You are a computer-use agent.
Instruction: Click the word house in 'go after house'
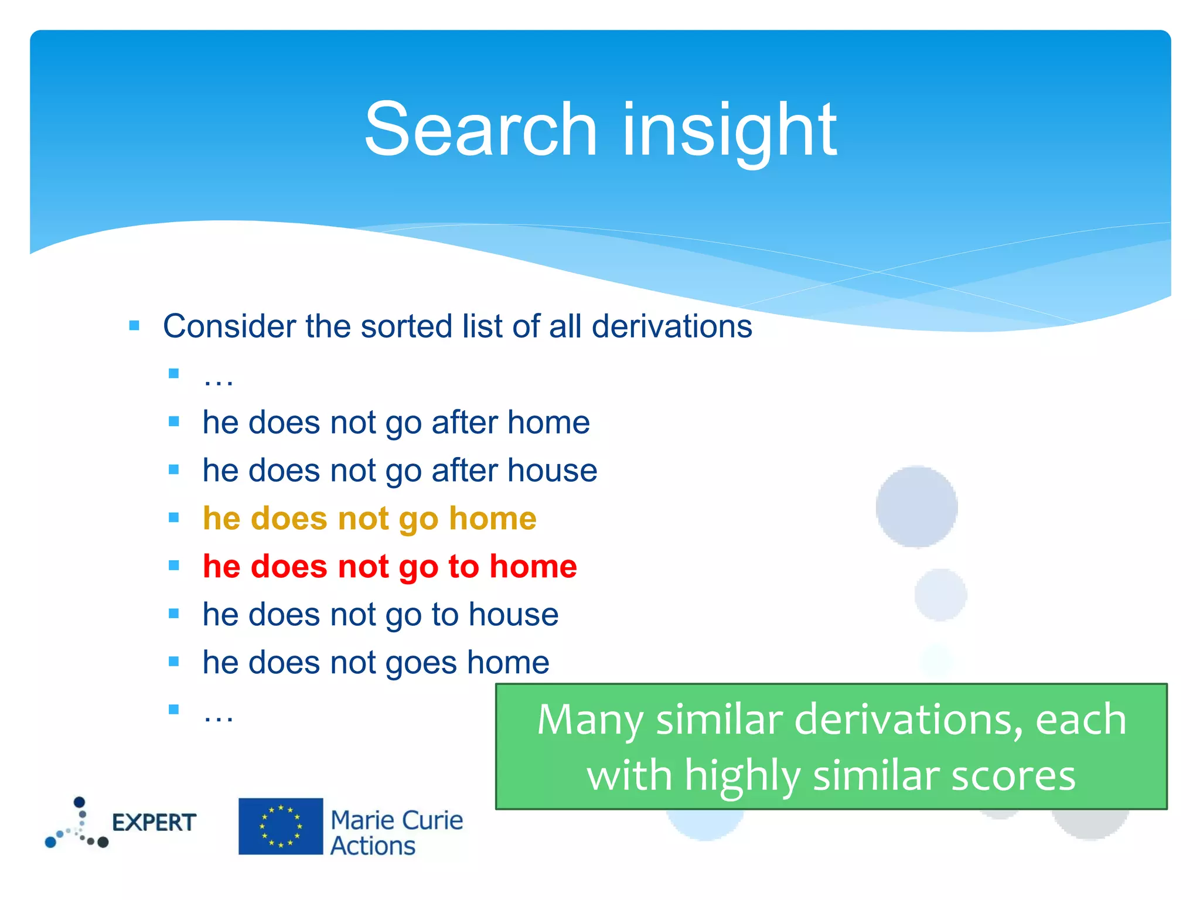coord(552,471)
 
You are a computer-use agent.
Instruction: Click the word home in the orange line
coord(492,519)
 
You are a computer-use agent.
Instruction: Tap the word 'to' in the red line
coord(463,567)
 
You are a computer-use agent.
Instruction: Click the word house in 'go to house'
coord(513,615)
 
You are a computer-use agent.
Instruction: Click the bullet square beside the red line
coord(173,565)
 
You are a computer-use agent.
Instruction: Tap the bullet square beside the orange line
coord(173,517)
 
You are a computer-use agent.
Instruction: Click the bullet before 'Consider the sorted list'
coord(134,325)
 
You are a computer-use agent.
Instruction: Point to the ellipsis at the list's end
coord(218,715)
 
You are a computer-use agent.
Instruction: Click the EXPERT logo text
coord(154,823)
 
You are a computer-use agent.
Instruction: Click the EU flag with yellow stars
coord(281,826)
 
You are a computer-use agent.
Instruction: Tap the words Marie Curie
coord(397,820)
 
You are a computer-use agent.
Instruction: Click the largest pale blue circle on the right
coord(916,507)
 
